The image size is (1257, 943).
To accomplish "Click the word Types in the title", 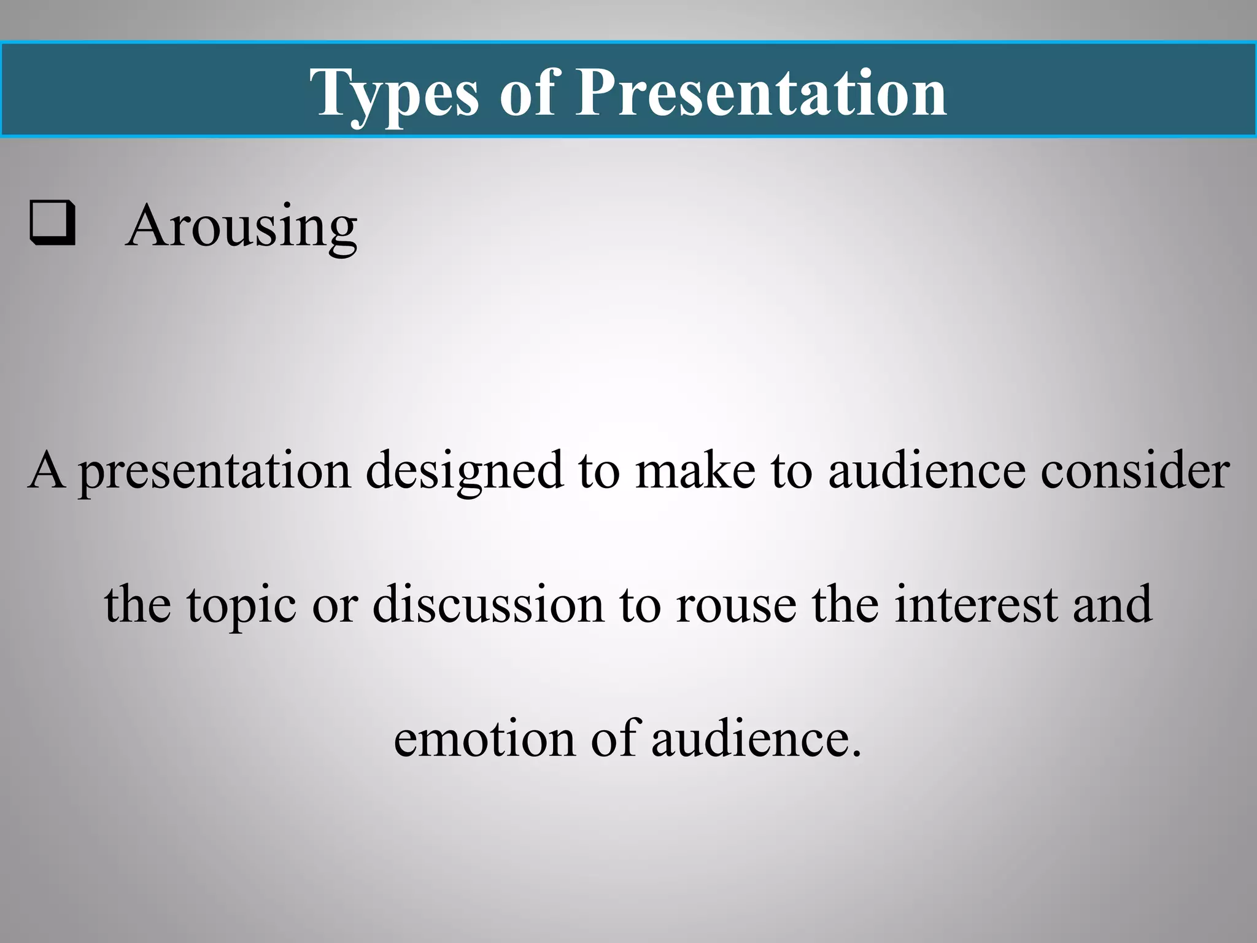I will click(x=393, y=93).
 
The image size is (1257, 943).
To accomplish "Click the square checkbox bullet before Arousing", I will click(x=53, y=223).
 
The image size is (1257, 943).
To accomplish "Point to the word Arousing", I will click(x=241, y=227).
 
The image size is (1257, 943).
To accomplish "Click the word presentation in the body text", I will click(x=215, y=471).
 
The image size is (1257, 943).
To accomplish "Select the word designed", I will click(x=464, y=471).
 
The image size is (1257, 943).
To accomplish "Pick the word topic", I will click(x=242, y=605).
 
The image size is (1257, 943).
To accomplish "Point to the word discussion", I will click(x=489, y=604).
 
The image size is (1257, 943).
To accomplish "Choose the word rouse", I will click(x=736, y=605).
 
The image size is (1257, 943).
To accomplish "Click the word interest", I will click(x=976, y=604).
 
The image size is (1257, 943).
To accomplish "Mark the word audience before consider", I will click(x=927, y=471).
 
